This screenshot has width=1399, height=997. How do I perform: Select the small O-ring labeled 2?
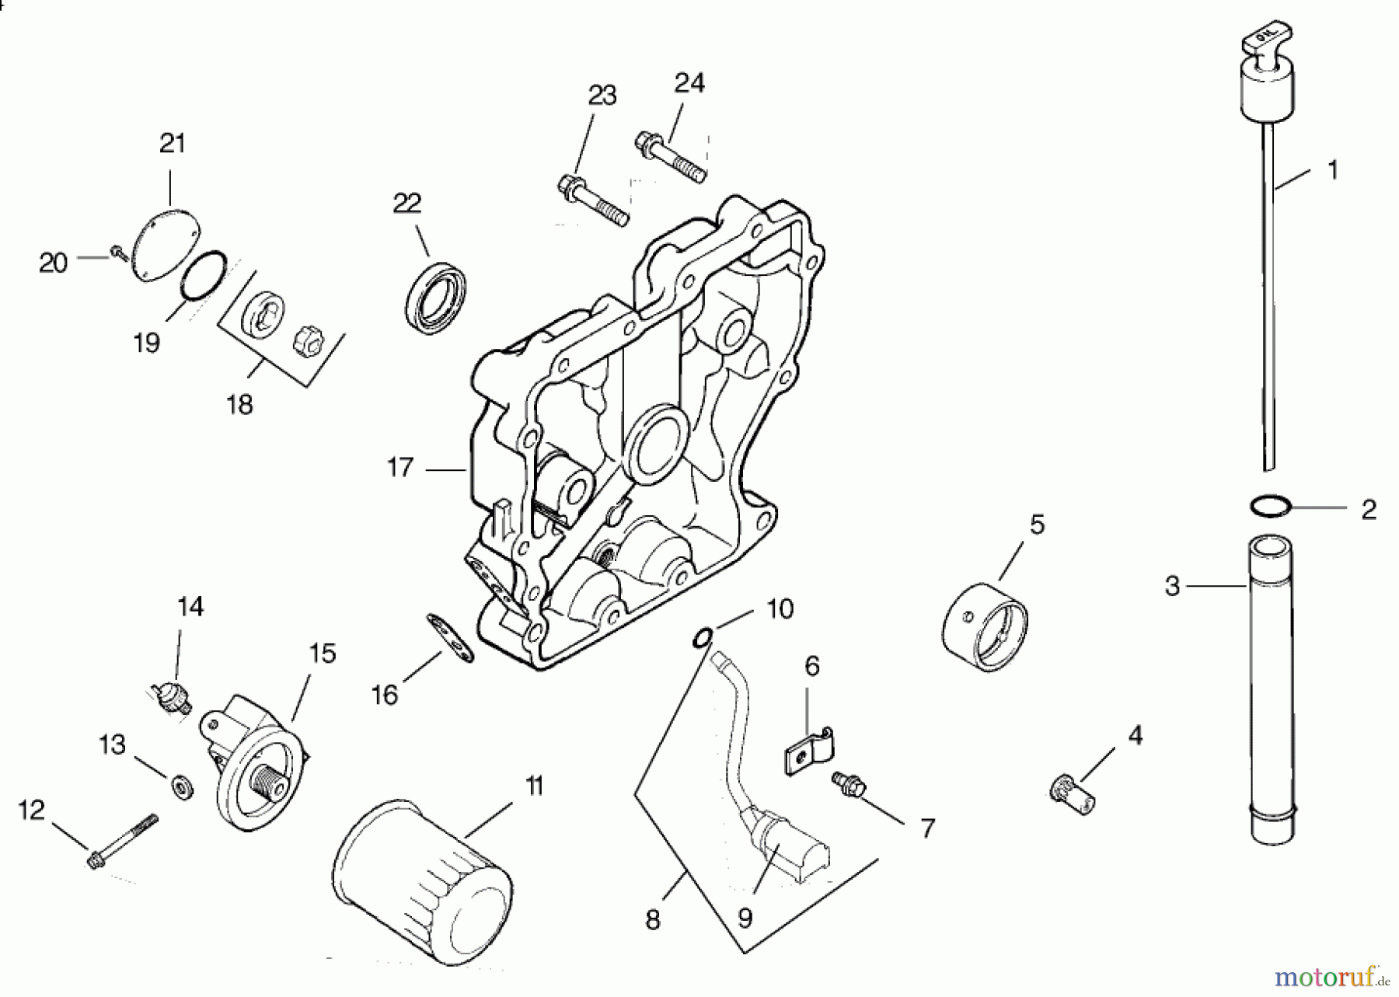pos(1271,506)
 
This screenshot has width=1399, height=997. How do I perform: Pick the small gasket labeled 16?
pos(450,637)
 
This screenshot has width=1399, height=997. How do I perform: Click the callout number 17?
pos(400,468)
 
